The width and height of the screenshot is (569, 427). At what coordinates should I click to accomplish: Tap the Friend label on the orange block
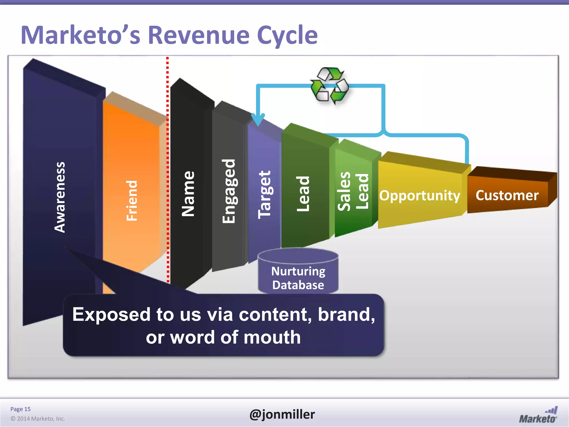132,201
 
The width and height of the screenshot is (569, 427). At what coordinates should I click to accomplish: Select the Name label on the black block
188,194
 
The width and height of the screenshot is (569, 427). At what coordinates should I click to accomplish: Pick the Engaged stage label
229,191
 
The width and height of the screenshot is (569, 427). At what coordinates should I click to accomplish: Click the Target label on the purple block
264,194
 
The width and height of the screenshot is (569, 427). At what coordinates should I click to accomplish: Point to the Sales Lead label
353,191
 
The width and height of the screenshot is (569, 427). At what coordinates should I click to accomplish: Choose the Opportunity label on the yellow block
420,195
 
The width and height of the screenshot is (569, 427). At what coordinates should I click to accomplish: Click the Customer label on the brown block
507,195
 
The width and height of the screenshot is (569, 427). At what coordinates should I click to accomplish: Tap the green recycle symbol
330,85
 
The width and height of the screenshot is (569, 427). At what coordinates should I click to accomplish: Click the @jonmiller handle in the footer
282,414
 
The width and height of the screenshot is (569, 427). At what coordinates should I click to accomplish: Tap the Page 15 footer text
20,409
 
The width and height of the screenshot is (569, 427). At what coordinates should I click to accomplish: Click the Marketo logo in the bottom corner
538,416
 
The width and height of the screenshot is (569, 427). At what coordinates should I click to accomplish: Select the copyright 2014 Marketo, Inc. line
38,419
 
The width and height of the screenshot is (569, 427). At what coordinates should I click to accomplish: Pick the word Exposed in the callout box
111,314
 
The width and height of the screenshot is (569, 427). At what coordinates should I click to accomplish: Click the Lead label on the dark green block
303,194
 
